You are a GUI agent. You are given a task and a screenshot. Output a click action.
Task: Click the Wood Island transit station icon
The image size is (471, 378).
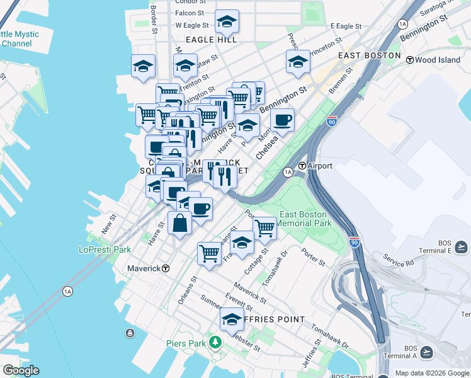coord(409,60)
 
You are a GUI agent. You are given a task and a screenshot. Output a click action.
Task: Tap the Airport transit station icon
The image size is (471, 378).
coord(302,166)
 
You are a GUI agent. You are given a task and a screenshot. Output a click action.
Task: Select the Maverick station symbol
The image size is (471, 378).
coord(166,268)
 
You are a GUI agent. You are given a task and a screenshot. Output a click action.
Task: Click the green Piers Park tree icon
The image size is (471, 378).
coord(216,343)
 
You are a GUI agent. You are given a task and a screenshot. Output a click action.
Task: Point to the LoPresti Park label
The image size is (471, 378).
coord(105,249)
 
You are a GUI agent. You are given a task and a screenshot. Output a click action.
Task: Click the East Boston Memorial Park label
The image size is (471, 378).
coord(305,219)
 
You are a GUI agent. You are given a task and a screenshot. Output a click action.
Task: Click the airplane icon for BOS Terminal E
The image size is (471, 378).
coord(460,246)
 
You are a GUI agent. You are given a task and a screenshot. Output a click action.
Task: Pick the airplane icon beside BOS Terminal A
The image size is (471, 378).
coord(427,352)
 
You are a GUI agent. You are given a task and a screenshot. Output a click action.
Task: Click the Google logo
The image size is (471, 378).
coord(20,370)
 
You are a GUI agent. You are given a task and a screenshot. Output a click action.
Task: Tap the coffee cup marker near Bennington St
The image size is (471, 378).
coord(282,120)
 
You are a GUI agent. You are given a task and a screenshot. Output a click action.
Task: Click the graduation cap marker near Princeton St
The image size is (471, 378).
coord(298,62)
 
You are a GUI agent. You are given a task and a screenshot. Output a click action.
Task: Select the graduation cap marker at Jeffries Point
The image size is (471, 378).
coord(232,319)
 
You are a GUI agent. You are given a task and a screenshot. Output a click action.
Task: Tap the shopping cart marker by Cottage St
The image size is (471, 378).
coord(264,228)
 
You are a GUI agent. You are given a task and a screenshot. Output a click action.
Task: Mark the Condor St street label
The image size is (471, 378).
coord(190,2)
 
